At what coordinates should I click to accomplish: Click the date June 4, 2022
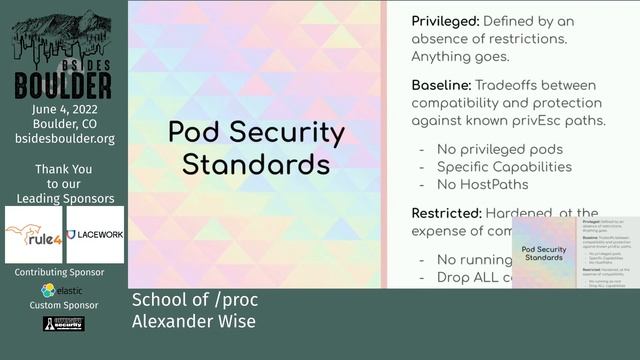(x=64, y=110)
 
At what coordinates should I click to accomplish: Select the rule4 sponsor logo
(x=34, y=235)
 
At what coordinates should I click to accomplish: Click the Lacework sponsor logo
(x=95, y=235)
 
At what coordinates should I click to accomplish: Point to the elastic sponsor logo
(x=63, y=290)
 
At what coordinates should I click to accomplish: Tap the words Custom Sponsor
(x=64, y=305)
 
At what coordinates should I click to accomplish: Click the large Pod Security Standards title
(x=256, y=148)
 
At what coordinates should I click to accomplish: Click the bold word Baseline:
(x=441, y=86)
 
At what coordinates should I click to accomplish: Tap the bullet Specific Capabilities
(x=504, y=167)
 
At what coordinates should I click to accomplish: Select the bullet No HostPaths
(x=482, y=184)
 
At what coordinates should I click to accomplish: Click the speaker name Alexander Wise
(x=193, y=321)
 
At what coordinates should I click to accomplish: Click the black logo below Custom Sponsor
(x=63, y=324)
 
